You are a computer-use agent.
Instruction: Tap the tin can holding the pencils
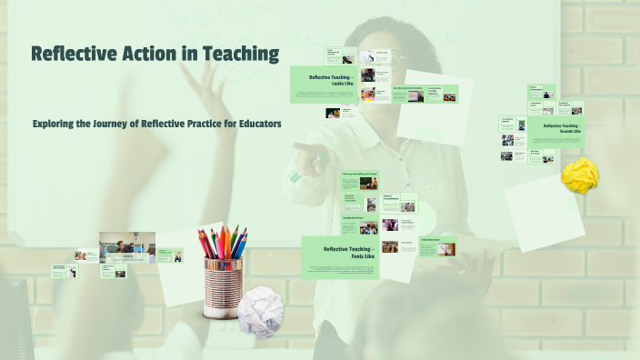tap(223, 285)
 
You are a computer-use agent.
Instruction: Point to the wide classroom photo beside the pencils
tap(126, 246)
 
